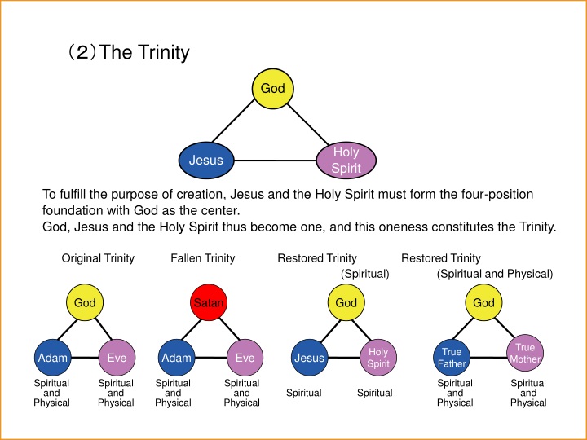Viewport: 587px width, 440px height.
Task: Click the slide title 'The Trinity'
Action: point(126,54)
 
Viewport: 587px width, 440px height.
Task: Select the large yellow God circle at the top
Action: point(272,88)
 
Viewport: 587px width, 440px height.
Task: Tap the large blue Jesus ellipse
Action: point(206,160)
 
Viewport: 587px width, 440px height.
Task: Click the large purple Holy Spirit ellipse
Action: point(346,160)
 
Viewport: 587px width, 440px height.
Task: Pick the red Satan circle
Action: point(209,303)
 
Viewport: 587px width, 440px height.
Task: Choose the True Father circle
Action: point(452,358)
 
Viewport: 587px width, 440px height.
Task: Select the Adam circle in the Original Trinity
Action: point(52,358)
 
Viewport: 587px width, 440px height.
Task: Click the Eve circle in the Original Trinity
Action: point(116,358)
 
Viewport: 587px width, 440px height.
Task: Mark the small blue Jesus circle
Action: point(309,358)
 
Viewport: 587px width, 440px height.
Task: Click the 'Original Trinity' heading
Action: point(98,258)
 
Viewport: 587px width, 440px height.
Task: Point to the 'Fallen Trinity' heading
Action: point(202,258)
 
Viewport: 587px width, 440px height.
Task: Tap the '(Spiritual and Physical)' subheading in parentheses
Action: point(494,274)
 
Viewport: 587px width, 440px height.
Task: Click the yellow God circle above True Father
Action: point(483,303)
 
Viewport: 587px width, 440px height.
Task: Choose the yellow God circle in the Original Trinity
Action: point(85,303)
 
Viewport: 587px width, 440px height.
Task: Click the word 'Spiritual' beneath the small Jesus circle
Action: point(303,394)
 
